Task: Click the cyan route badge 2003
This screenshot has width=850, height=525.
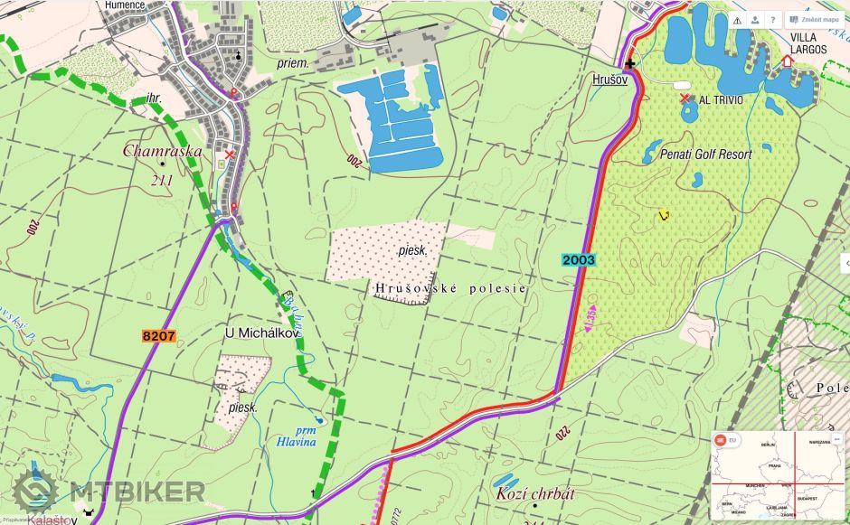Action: (x=578, y=260)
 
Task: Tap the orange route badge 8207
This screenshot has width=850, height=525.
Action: (x=158, y=336)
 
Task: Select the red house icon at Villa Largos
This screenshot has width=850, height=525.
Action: (x=787, y=61)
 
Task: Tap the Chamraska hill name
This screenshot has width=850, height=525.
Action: (x=163, y=151)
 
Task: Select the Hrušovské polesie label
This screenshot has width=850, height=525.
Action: (x=449, y=287)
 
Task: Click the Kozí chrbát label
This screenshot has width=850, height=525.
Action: (x=535, y=494)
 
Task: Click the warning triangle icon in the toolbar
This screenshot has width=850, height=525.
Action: (x=737, y=20)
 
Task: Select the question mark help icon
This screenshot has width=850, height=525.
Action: (x=772, y=20)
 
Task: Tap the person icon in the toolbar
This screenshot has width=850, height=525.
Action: (x=754, y=20)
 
